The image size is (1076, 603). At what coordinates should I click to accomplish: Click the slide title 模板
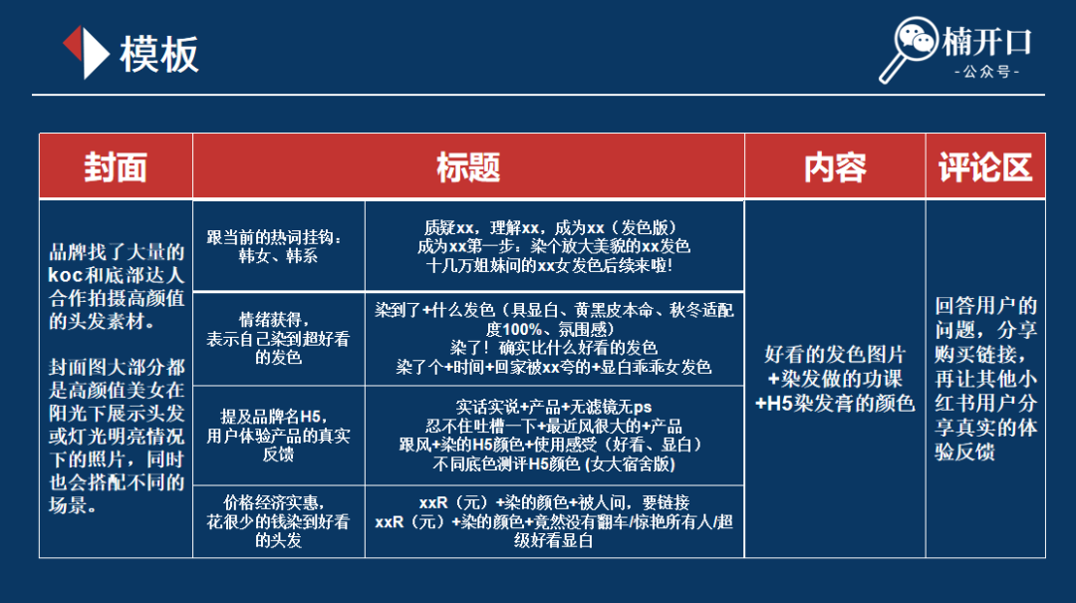click(x=159, y=54)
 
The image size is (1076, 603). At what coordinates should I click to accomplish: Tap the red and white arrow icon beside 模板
click(x=86, y=52)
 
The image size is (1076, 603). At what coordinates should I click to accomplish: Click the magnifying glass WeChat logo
click(x=909, y=49)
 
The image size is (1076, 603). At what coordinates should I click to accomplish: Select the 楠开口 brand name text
click(x=986, y=42)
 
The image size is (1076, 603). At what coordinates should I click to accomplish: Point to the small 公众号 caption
click(x=986, y=72)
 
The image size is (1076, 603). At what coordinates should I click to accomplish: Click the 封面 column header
click(x=116, y=167)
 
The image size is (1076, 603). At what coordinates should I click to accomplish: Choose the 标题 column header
click(x=468, y=167)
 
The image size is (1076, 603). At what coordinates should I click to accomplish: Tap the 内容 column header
click(x=835, y=167)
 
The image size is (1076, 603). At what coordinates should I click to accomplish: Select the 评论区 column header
click(x=985, y=167)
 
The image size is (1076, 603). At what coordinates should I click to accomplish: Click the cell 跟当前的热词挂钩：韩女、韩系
click(x=278, y=246)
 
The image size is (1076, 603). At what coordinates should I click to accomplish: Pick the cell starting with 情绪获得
click(x=278, y=339)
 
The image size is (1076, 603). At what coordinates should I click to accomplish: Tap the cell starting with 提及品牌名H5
click(x=278, y=436)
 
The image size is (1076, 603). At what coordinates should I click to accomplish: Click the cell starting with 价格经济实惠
click(x=278, y=521)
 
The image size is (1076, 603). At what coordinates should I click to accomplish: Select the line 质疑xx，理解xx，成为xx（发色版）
click(x=554, y=227)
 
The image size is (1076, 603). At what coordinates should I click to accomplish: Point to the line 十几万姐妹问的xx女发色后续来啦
click(x=550, y=265)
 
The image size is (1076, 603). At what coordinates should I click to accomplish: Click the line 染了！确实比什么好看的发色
click(x=554, y=348)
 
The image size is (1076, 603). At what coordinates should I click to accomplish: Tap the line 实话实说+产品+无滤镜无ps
click(x=554, y=407)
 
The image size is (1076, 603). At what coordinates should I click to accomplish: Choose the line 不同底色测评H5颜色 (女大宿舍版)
click(x=554, y=464)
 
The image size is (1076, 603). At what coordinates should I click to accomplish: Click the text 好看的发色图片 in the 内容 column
click(x=835, y=355)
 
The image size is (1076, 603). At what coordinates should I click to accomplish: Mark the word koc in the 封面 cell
click(x=65, y=275)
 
